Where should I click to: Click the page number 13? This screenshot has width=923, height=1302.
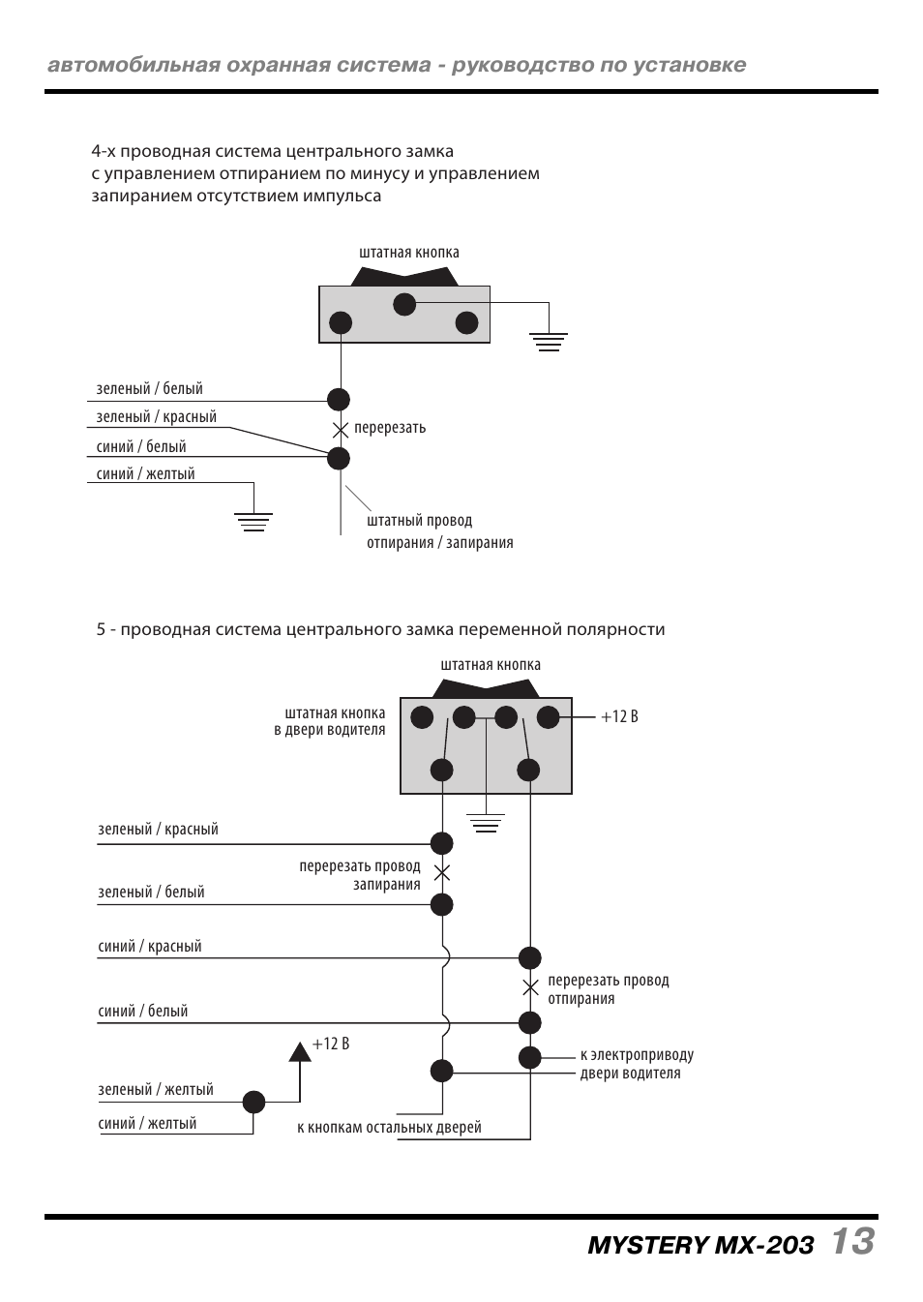click(851, 1241)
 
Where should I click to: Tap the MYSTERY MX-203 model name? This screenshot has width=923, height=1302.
click(700, 1245)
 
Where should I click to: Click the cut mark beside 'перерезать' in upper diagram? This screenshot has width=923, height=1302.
click(340, 429)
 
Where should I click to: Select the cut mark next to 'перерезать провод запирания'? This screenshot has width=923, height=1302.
click(442, 873)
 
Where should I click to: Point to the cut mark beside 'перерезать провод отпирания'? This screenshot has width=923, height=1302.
click(530, 988)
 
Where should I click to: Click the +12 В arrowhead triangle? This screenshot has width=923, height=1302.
click(300, 1051)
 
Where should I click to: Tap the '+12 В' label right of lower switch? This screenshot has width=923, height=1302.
click(619, 717)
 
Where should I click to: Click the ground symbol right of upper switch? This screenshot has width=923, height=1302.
click(549, 340)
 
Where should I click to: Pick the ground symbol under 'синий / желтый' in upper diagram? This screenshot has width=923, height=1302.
click(253, 523)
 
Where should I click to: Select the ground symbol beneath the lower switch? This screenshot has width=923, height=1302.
click(486, 824)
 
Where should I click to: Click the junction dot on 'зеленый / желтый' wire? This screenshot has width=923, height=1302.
click(253, 1102)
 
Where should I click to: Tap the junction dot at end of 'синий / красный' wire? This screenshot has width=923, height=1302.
click(530, 958)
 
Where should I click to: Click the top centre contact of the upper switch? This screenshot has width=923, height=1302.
click(404, 305)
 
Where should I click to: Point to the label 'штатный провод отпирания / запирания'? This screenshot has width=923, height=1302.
click(439, 531)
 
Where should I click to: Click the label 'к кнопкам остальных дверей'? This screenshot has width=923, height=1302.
click(389, 1128)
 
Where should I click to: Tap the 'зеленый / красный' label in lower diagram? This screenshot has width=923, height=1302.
click(158, 830)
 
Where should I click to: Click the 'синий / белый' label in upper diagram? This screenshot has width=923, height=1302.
click(141, 447)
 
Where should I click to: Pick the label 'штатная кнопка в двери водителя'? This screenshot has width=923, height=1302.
click(330, 721)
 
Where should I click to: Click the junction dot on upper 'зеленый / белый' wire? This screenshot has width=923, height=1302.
click(339, 399)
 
